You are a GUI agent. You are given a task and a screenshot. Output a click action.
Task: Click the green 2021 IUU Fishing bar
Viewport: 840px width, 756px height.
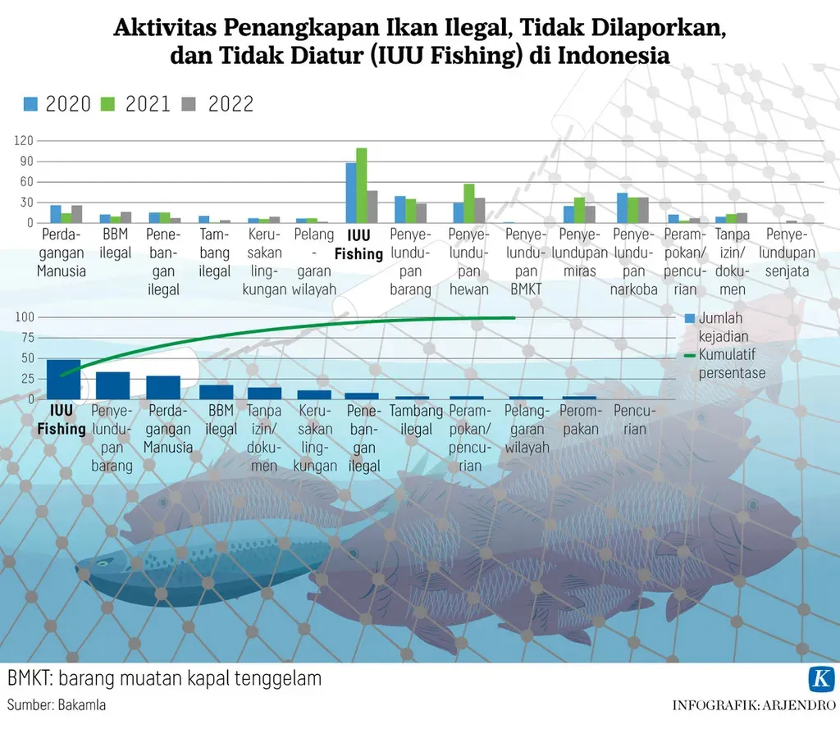[x=362, y=185]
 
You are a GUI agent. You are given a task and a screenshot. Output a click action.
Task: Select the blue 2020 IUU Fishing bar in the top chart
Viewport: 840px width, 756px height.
[x=351, y=193]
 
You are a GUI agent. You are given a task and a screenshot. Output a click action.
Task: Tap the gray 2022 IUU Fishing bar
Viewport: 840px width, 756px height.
[x=372, y=207]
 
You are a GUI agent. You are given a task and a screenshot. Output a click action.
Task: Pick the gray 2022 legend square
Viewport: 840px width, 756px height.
[x=188, y=104]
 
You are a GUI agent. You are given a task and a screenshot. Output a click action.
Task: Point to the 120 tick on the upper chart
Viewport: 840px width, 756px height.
[x=23, y=141]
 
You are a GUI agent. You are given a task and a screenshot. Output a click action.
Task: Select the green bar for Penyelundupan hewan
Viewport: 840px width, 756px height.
[x=469, y=203]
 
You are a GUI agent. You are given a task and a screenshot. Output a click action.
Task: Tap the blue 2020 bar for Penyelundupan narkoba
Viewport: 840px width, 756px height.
[x=623, y=207]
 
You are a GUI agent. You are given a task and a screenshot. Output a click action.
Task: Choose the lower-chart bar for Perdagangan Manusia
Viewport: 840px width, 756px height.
[x=163, y=387]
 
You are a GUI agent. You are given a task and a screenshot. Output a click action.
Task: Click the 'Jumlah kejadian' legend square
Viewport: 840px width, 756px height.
[x=690, y=318]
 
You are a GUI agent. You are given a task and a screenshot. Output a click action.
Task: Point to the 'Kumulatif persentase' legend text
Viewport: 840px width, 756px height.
[x=732, y=364]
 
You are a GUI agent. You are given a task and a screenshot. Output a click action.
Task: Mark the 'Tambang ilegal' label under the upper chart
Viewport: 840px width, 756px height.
[x=215, y=253]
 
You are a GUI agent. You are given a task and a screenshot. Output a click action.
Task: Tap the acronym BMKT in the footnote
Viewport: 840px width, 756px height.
[x=29, y=679]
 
